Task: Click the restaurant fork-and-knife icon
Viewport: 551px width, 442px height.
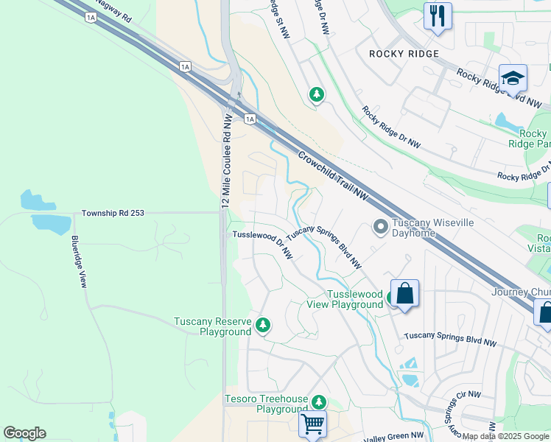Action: coord(438,15)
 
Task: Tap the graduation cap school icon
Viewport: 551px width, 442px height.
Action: coord(513,78)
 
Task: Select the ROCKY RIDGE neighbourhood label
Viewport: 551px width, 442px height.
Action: coord(404,54)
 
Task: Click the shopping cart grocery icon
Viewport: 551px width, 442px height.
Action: coord(312,424)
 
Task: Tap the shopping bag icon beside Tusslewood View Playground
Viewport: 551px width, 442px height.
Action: coord(404,294)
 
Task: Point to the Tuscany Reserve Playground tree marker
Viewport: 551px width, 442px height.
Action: coord(263,324)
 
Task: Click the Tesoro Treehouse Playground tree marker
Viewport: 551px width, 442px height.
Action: coord(318,402)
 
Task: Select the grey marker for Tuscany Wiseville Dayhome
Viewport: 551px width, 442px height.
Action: coord(380,227)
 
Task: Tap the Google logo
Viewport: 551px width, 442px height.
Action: coord(24,433)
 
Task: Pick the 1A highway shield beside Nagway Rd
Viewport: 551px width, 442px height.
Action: coord(91,16)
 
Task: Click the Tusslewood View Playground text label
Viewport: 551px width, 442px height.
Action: coord(345,299)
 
